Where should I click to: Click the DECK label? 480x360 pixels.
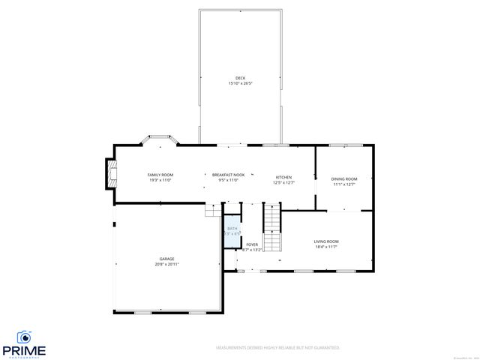[x=240, y=78]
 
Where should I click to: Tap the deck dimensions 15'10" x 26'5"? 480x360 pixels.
[x=240, y=83]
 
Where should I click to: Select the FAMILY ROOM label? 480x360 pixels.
[x=160, y=175]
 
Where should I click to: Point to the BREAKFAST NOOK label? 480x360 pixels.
[x=228, y=175]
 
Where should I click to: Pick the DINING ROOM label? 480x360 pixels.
[x=344, y=178]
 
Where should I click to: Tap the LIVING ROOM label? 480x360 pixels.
[x=325, y=241]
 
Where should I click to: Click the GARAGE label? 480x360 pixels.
[x=166, y=259]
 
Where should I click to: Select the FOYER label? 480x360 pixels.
[x=252, y=244]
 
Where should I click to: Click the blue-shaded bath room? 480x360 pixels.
[x=232, y=232]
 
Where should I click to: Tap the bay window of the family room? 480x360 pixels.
[x=160, y=139]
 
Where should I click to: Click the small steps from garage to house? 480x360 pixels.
[x=211, y=211]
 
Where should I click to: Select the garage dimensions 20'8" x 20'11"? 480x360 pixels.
[x=166, y=264]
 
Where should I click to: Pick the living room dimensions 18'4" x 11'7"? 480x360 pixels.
[x=325, y=247]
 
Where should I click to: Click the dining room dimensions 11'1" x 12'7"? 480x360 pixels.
[x=344, y=184]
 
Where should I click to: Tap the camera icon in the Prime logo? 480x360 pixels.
[x=24, y=337]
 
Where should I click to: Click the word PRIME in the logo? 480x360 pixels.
[x=24, y=350]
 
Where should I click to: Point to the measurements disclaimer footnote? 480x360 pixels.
[x=277, y=348]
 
